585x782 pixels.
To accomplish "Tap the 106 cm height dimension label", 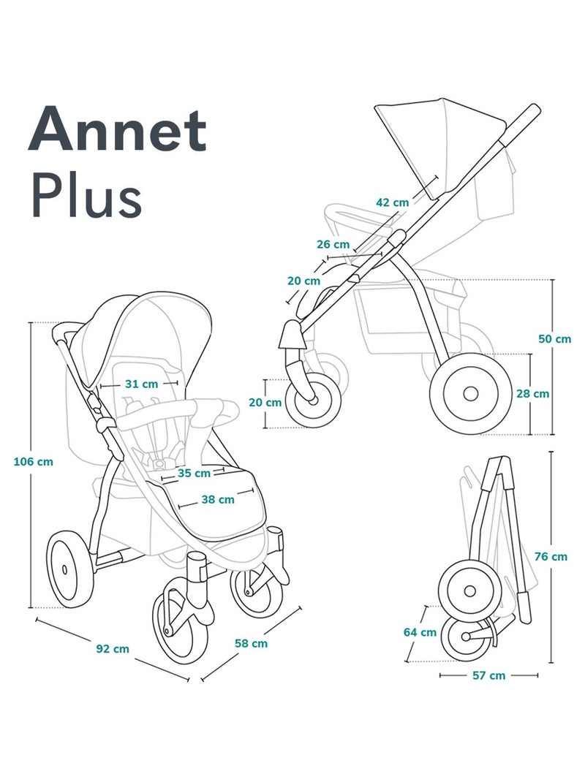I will pos(34,461).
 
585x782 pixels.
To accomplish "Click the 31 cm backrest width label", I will pos(140,383).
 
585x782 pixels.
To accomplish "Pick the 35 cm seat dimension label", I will pos(193,473).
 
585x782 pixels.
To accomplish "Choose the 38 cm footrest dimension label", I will pos(217,500).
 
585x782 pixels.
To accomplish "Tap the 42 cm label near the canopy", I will pos(393,202).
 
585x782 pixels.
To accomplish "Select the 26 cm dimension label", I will pos(333,244).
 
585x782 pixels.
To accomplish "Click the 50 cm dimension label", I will pos(554,338).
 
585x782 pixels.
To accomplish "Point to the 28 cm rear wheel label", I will pos(552,393).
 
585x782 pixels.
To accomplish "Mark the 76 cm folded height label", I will pos(551,556).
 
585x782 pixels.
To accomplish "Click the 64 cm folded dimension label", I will pos(419,632).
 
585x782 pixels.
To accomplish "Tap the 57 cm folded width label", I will pos(488,676).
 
